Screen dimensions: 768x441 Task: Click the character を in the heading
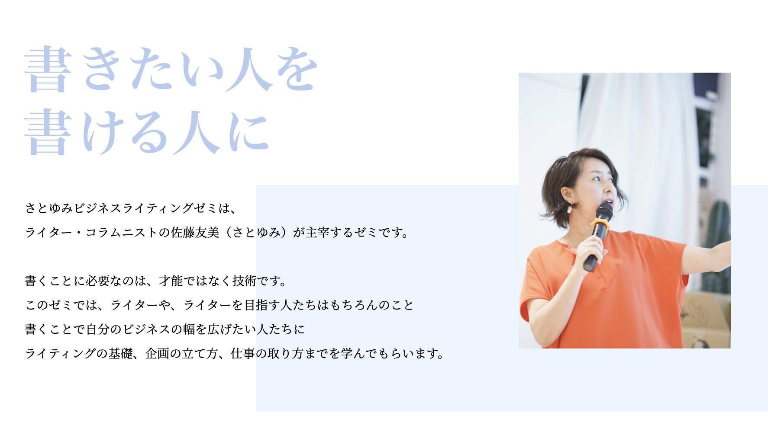click(x=297, y=69)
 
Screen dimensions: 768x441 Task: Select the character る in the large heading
click(x=150, y=132)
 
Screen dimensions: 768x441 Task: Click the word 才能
click(x=171, y=281)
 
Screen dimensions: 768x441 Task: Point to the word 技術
click(x=244, y=281)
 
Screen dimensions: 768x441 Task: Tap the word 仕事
click(x=243, y=354)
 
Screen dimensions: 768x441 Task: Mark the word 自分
click(x=97, y=329)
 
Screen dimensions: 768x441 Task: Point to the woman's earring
click(x=570, y=208)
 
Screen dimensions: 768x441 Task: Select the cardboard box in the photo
click(x=706, y=320)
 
